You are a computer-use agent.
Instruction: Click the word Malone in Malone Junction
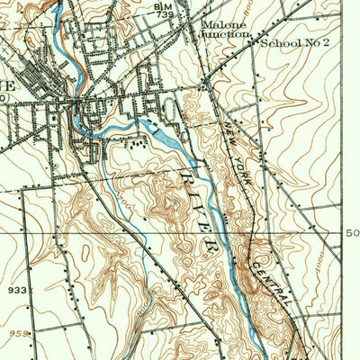click(220, 24)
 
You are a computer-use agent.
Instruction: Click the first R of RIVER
click(190, 169)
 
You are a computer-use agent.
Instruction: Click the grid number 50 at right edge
click(352, 233)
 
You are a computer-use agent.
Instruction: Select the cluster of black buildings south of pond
click(136, 141)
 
